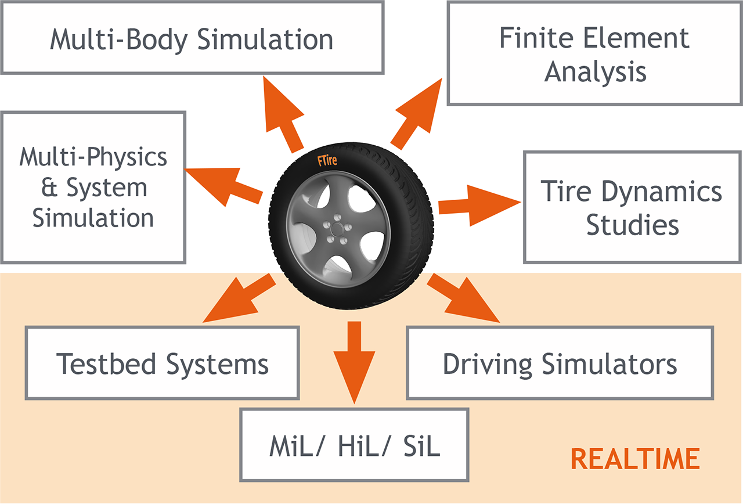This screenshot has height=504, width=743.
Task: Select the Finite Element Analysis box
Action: click(594, 53)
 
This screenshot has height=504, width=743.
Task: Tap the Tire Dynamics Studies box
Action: click(632, 207)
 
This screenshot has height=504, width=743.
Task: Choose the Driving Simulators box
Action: click(560, 363)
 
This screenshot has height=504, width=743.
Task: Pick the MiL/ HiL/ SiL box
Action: click(354, 445)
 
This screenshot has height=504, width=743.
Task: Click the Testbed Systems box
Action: click(163, 363)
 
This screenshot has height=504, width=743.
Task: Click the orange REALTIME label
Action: click(635, 459)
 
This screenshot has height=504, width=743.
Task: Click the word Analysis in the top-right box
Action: click(595, 71)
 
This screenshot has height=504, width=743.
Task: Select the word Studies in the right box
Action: click(632, 224)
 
